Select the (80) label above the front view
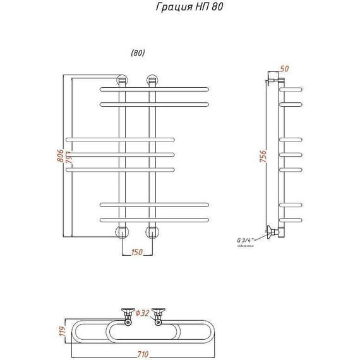click(x=137, y=53)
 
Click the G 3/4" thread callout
click(x=244, y=240)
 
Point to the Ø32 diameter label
click(x=144, y=313)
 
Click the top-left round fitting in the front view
click(x=121, y=80)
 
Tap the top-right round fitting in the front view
click(x=152, y=80)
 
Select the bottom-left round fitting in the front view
click(x=121, y=232)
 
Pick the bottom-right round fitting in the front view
click(x=152, y=232)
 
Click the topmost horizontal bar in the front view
click(x=153, y=88)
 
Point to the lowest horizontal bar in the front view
click(x=153, y=219)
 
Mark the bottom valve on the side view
click(x=272, y=232)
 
